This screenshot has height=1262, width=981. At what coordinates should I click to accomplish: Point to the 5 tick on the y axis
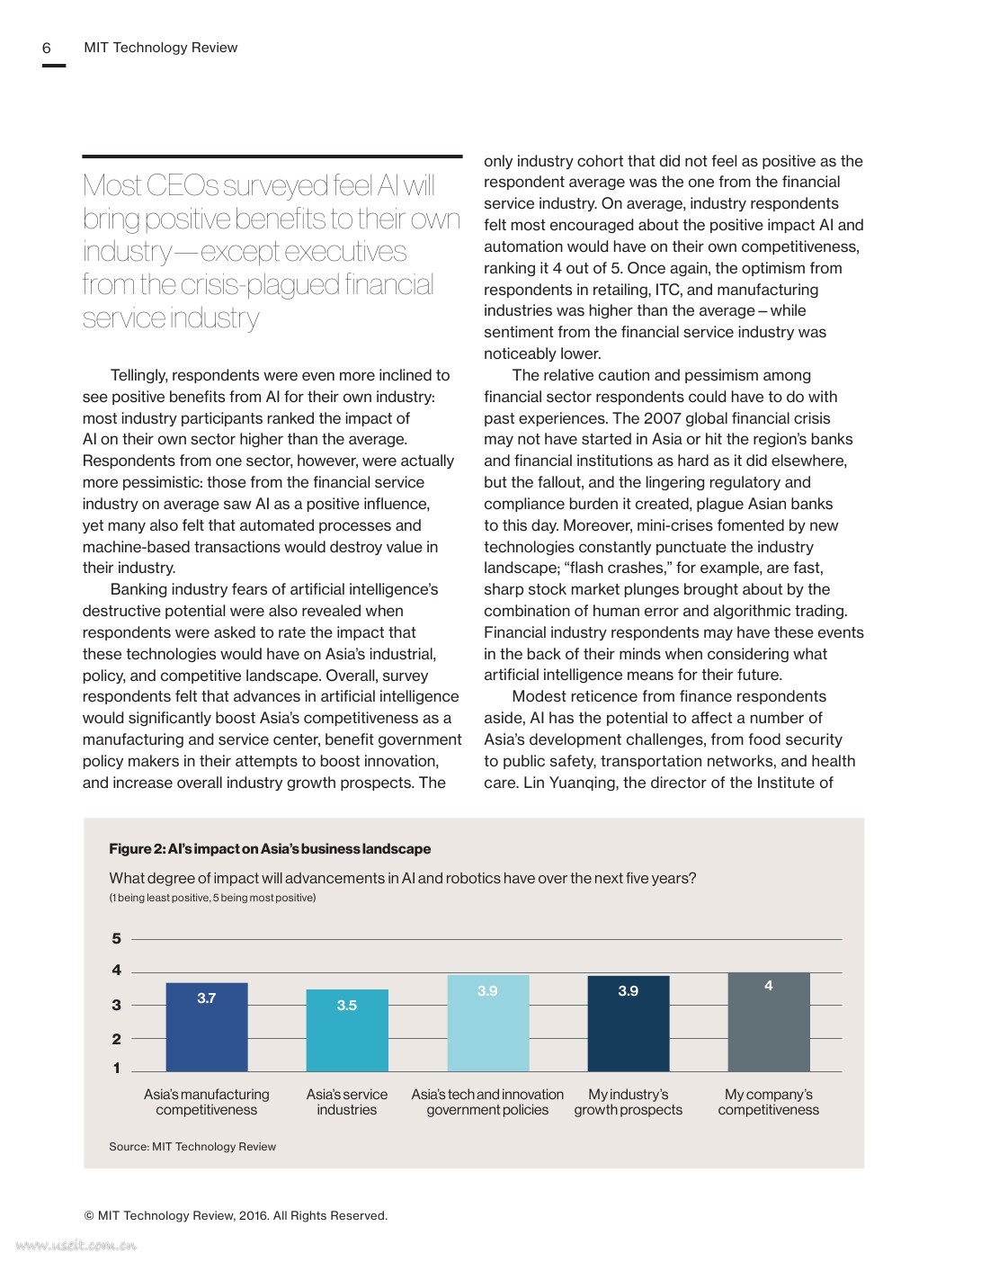116,938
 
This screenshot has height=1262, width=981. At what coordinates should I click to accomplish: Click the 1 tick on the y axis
116,1069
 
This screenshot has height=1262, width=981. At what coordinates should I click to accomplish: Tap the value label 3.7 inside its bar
207,998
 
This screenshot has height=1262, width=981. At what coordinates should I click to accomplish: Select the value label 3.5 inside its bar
347,1005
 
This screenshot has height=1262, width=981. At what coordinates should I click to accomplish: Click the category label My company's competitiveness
768,1102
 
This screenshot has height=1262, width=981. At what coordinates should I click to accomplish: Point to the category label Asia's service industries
347,1102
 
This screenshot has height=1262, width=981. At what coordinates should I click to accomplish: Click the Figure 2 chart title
270,848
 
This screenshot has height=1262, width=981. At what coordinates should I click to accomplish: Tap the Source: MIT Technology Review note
192,1146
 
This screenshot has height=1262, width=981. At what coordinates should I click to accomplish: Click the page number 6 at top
47,48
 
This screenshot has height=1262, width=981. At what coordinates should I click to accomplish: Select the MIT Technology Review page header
160,48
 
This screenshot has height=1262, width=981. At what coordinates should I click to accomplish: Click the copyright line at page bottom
236,1215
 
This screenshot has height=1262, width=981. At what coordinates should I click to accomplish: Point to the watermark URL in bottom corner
76,1246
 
